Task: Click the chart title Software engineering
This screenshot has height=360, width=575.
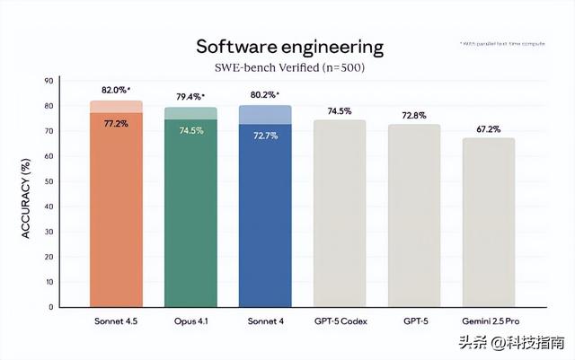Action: (x=289, y=46)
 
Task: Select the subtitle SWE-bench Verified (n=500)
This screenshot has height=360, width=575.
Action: (x=288, y=66)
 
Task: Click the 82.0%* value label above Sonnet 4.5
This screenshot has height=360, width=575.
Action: (x=118, y=91)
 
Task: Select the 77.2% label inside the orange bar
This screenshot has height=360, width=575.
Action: (x=116, y=123)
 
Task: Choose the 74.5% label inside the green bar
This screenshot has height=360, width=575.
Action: (x=190, y=130)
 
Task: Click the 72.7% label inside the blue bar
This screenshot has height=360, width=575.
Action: (x=265, y=135)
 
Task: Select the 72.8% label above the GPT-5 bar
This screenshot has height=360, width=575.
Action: (x=414, y=115)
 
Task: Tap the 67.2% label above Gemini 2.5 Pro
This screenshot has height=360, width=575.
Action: (x=489, y=128)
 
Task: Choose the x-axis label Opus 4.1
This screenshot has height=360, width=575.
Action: (x=190, y=320)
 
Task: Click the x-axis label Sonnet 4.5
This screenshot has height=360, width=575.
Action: (x=116, y=320)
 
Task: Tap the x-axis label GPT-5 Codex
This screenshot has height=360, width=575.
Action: (x=340, y=320)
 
